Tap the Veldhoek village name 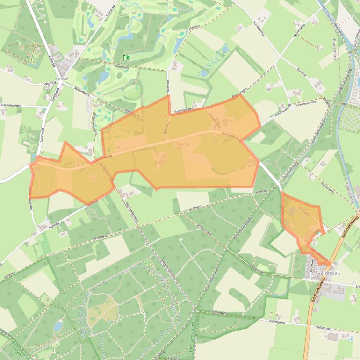[327, 273]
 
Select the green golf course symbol [126, 58]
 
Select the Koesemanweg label [306, 106]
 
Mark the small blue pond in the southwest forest [58, 326]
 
